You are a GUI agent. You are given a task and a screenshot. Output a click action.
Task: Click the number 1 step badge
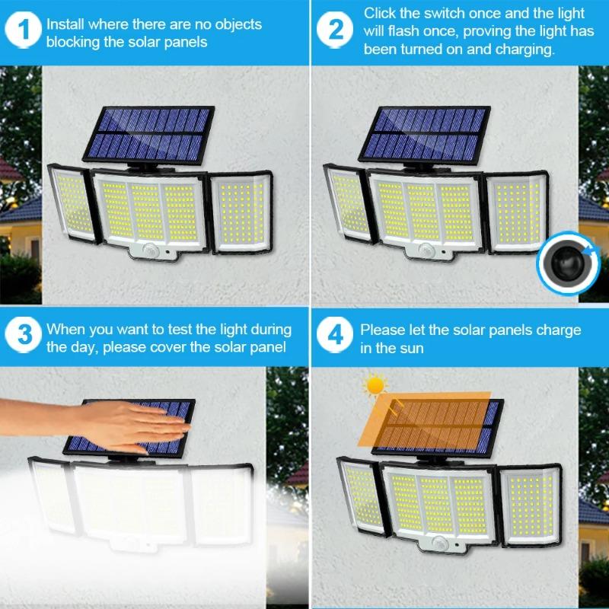click(x=26, y=30)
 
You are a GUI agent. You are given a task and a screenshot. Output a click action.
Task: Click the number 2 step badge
click(x=336, y=30)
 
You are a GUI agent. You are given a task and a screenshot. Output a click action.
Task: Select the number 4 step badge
click(x=336, y=336)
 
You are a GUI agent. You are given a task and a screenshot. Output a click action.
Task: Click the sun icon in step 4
click(x=375, y=384)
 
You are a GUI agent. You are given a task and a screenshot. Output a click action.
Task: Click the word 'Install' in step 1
click(x=65, y=24)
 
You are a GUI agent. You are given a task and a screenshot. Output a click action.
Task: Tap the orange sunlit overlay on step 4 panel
click(x=426, y=418)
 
